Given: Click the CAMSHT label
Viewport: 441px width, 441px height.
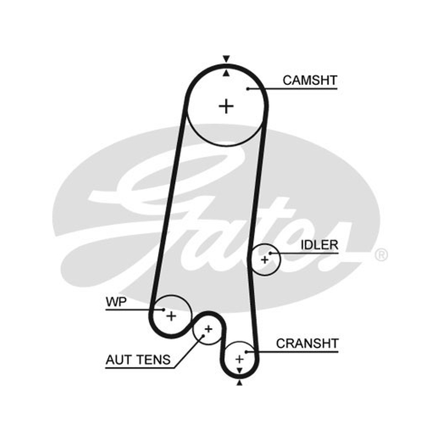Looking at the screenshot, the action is pyautogui.click(x=310, y=80).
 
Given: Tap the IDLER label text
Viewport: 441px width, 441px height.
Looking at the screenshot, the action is pyautogui.click(x=319, y=245).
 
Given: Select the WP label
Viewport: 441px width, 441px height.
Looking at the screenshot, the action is pyautogui.click(x=116, y=302).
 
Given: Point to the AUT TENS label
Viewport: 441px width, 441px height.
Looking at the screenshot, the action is pyautogui.click(x=138, y=360).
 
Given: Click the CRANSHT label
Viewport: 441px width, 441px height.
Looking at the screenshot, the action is pyautogui.click(x=307, y=343).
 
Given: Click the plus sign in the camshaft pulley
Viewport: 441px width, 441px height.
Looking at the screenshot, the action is pyautogui.click(x=226, y=106).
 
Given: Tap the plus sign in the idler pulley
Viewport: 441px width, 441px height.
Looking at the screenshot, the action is pyautogui.click(x=265, y=260).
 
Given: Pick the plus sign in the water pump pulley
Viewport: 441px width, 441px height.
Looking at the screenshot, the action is pyautogui.click(x=171, y=316).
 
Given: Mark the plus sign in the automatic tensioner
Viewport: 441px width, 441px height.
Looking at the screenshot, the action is pyautogui.click(x=208, y=329).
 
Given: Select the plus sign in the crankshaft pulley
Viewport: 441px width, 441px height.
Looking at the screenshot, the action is pyautogui.click(x=239, y=359).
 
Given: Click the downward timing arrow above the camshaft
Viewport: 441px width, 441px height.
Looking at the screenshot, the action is pyautogui.click(x=226, y=58).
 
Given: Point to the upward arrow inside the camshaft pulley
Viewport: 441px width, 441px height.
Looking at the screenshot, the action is pyautogui.click(x=226, y=73).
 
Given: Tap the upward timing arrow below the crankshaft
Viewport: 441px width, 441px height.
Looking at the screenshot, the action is pyautogui.click(x=239, y=383).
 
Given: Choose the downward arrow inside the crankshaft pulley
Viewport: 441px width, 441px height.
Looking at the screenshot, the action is pyautogui.click(x=239, y=370).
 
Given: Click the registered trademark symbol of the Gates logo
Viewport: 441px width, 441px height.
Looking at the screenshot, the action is pyautogui.click(x=381, y=255).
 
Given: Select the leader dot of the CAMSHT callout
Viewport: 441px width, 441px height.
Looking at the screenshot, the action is pyautogui.click(x=248, y=89).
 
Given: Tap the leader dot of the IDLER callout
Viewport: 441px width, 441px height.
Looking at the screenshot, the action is pyautogui.click(x=270, y=254).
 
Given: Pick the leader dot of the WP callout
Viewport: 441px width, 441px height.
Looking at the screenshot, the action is pyautogui.click(x=164, y=310).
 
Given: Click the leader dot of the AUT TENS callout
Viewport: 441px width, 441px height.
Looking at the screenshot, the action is pyautogui.click(x=203, y=336).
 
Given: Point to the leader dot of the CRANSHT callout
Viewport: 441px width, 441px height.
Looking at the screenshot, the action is pyautogui.click(x=246, y=352).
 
